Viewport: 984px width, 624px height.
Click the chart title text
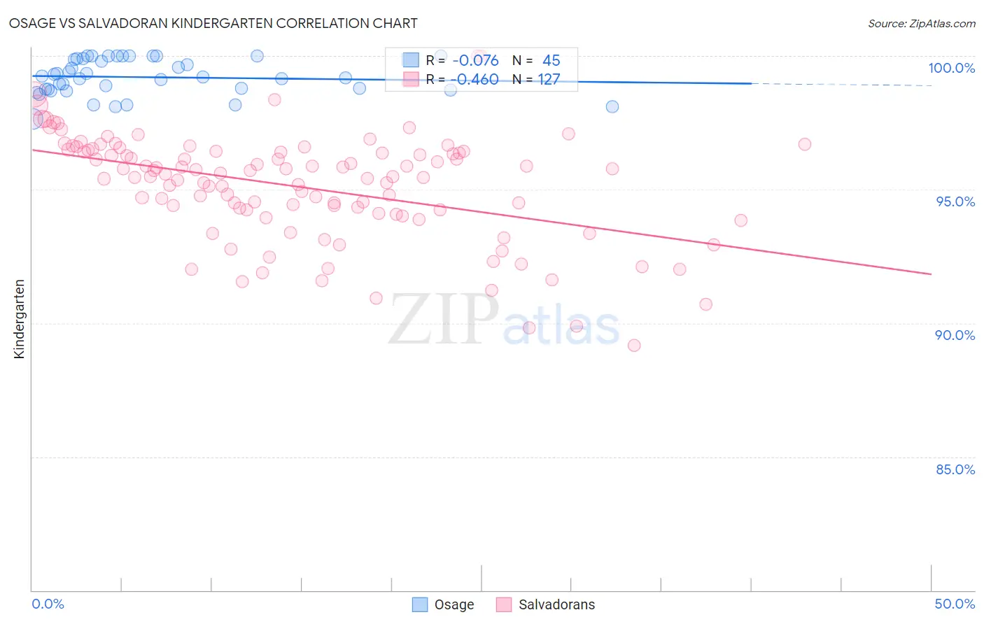point(213,23)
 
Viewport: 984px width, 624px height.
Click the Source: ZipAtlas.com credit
point(921,23)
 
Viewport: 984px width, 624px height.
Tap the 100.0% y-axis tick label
point(951,68)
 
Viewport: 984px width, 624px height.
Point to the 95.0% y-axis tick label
point(955,201)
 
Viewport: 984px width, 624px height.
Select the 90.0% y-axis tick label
point(955,335)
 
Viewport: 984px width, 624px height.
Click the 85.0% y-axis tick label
point(955,469)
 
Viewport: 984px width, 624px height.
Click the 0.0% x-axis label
point(48,604)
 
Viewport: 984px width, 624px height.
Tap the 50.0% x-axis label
point(955,604)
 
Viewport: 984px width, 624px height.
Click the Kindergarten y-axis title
point(19,319)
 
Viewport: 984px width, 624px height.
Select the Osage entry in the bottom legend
point(454,604)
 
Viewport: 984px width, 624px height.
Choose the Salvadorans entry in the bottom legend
point(556,604)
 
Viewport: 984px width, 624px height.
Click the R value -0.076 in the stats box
point(476,60)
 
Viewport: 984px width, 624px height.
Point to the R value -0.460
point(476,79)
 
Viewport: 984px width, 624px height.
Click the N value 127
point(549,79)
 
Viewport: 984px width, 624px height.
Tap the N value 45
point(551,60)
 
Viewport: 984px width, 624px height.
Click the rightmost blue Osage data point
point(612,106)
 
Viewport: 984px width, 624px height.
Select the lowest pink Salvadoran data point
point(634,345)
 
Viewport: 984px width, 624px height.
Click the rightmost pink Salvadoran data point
point(805,144)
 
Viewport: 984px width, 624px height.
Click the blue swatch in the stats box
point(411,60)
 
